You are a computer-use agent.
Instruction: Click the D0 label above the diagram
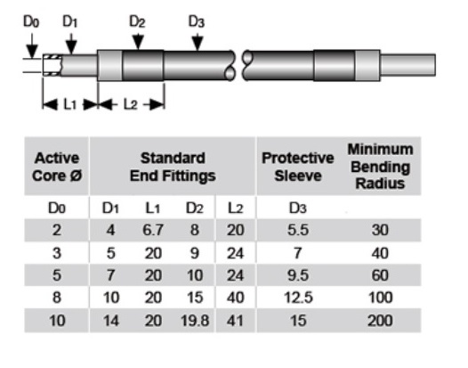[x=31, y=21]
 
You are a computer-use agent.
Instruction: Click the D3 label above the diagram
[x=196, y=21]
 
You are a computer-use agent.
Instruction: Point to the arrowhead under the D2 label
[x=138, y=42]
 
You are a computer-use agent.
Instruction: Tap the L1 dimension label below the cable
[x=70, y=104]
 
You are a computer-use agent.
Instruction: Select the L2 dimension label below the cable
[x=131, y=104]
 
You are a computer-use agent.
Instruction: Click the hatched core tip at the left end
[x=52, y=65]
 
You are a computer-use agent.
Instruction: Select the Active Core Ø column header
[x=57, y=167]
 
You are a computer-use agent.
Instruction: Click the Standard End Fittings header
[x=173, y=167]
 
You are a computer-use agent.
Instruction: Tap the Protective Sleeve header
[x=297, y=167]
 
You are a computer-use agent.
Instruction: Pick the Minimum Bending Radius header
[x=380, y=167]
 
